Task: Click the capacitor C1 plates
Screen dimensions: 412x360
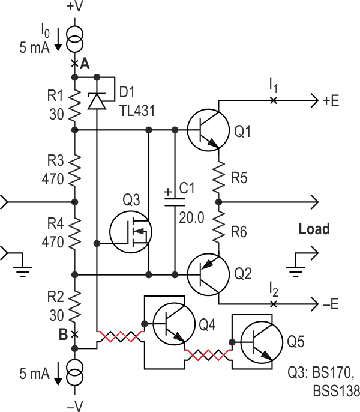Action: point(175,201)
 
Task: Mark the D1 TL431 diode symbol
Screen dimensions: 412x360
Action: point(96,100)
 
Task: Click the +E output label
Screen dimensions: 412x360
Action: point(331,101)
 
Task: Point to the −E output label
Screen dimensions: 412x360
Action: point(330,304)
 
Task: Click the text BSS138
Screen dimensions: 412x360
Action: point(336,392)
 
